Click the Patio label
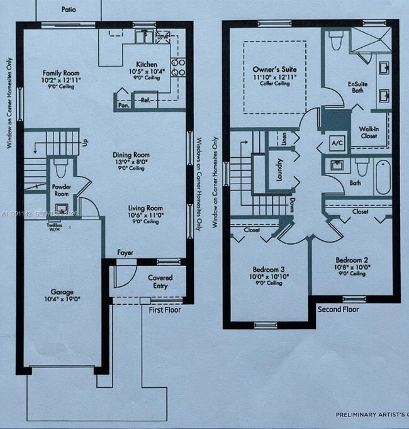[x=69, y=10]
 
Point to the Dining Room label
[x=131, y=155]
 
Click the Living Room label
[x=145, y=208]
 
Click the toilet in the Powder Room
[x=61, y=169]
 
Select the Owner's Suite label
[x=274, y=69]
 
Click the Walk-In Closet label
[x=368, y=132]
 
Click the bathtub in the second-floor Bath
[x=383, y=177]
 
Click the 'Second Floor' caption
[x=338, y=309]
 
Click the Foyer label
[x=125, y=253]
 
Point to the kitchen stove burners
[x=179, y=67]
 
